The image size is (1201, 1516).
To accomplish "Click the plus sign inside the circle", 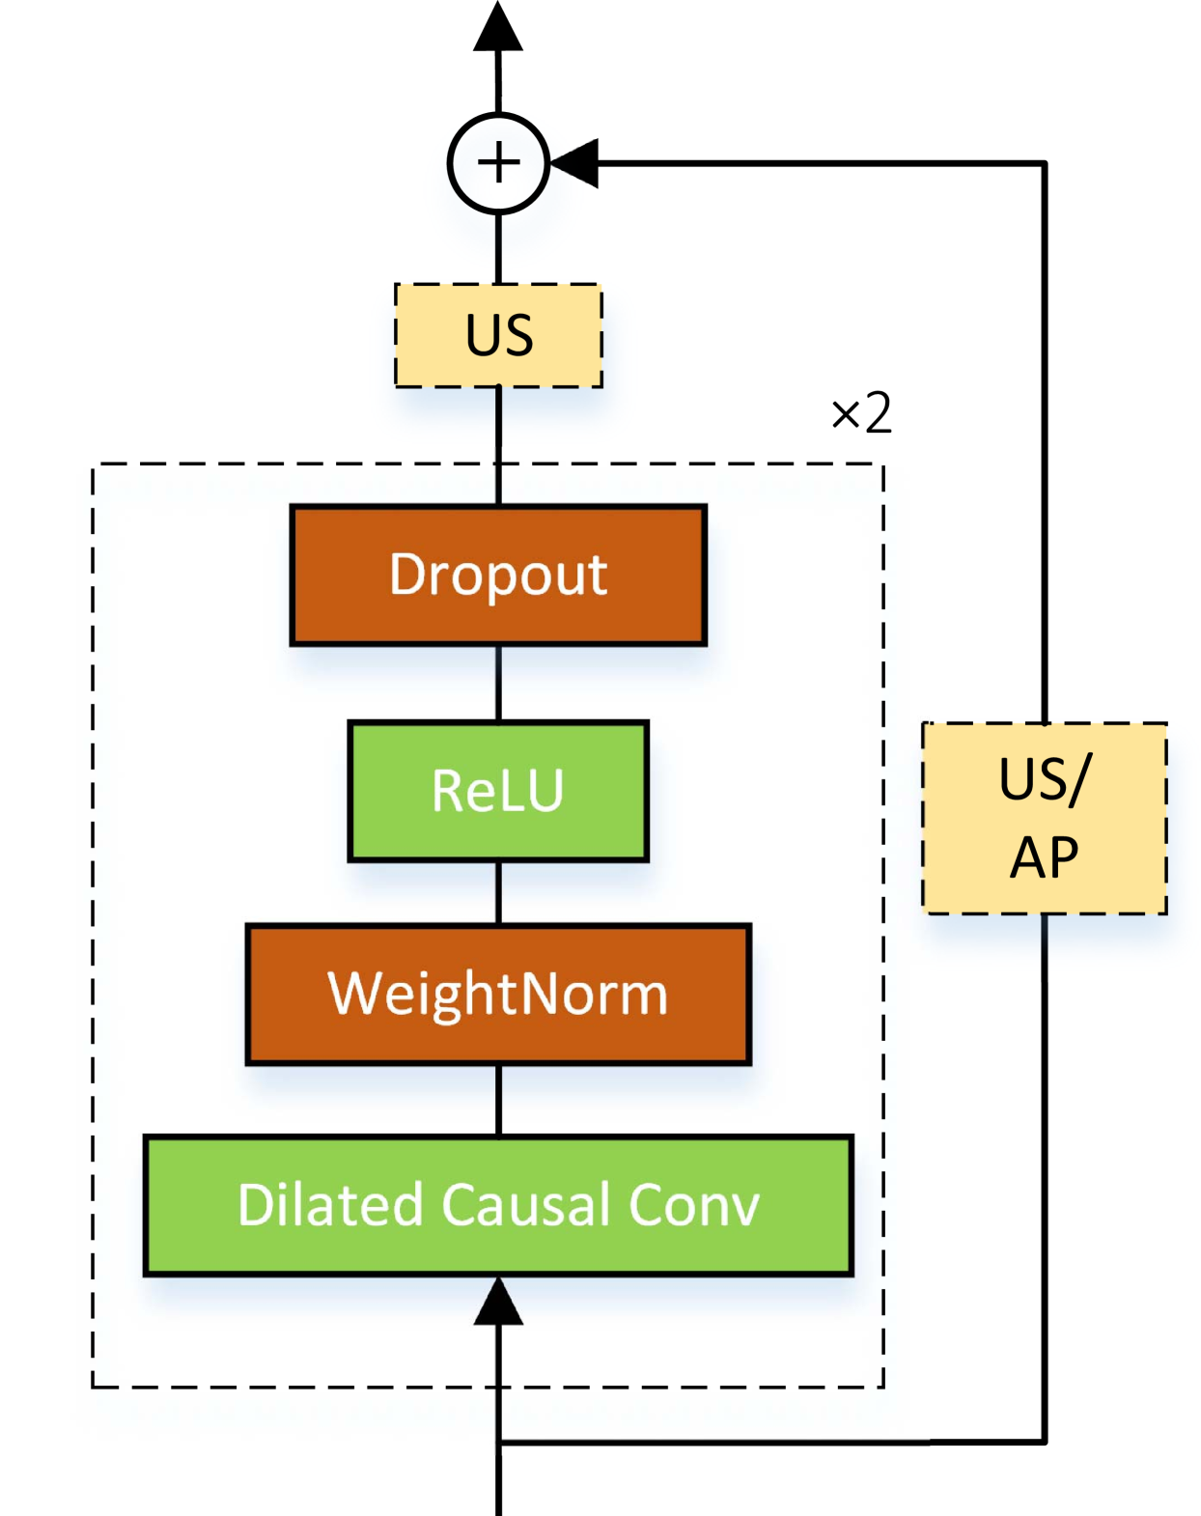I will [498, 163].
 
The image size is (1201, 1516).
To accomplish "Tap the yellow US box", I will [498, 335].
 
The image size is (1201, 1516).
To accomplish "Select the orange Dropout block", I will [498, 575].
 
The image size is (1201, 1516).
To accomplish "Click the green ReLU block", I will [498, 791].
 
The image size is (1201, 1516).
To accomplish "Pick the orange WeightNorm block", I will [498, 995].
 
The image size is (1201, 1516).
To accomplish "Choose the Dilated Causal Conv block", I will [498, 1205].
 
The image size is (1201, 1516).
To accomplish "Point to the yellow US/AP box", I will [1045, 818].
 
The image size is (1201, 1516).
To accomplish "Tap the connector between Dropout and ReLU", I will [498, 683].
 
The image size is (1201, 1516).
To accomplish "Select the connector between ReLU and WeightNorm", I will [498, 892].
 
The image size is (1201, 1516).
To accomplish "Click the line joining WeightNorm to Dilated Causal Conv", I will [498, 1100].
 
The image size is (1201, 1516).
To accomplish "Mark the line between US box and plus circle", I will [498, 248].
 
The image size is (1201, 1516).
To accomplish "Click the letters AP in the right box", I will [1044, 857].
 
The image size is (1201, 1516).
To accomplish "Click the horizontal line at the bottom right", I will [714, 1443].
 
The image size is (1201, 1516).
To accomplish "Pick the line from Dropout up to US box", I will [498, 445].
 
